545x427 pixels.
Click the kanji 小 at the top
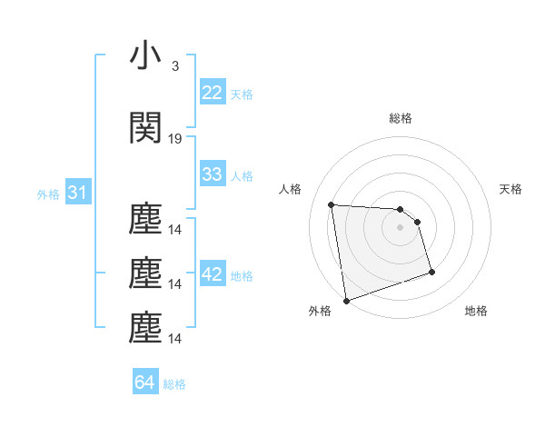(x=145, y=56)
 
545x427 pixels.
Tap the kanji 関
(x=145, y=129)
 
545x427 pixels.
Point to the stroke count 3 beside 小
(x=175, y=66)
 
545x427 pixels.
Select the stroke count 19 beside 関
(x=175, y=139)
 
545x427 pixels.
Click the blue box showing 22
(x=212, y=93)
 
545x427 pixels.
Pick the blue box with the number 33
(x=212, y=174)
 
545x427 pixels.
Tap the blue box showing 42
(x=212, y=275)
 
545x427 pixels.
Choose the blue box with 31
(x=77, y=193)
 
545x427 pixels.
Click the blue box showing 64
(x=145, y=382)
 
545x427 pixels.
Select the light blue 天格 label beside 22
(x=242, y=94)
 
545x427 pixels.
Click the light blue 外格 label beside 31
(x=48, y=194)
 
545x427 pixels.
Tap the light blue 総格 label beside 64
(x=174, y=384)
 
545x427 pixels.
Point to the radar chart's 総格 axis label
(x=401, y=118)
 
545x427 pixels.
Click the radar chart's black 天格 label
(x=511, y=189)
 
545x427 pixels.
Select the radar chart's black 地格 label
(x=476, y=312)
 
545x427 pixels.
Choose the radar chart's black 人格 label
(x=291, y=189)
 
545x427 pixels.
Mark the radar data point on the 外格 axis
(x=345, y=300)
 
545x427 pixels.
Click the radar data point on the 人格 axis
(x=331, y=204)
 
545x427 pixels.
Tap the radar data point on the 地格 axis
(x=431, y=272)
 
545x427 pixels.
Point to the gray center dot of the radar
(x=401, y=227)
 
